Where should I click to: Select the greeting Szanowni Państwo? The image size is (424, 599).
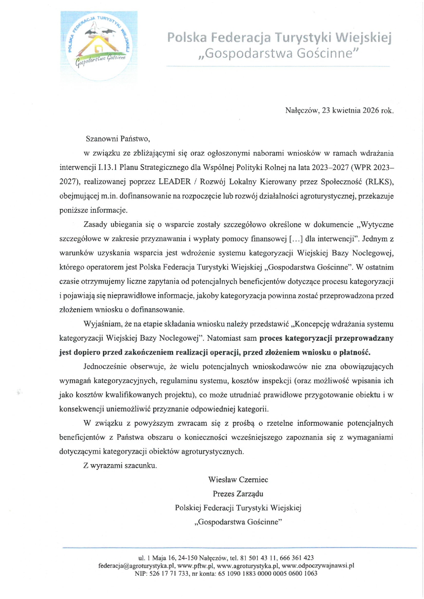pos(118,139)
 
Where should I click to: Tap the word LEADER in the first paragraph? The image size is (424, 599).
pos(174,182)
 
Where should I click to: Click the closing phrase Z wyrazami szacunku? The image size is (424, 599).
pos(120,465)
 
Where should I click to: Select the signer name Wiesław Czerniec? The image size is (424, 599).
pos(238,480)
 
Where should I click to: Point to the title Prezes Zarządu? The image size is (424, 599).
pos(238,494)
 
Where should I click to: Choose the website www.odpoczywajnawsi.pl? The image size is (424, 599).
pos(318,566)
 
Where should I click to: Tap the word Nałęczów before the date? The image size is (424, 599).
pos(302,111)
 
